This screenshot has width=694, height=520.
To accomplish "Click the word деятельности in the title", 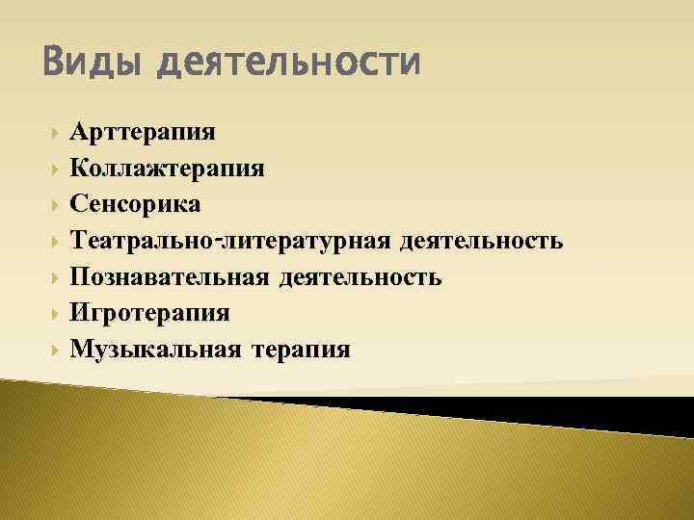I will pyautogui.click(x=288, y=64).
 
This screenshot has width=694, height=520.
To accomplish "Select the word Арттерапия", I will pyautogui.click(x=143, y=131).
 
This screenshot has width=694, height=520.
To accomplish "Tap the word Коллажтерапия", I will pyautogui.click(x=168, y=168).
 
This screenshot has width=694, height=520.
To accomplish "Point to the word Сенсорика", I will pyautogui.click(x=136, y=203).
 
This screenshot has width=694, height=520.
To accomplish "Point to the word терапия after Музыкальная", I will pyautogui.click(x=300, y=349).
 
